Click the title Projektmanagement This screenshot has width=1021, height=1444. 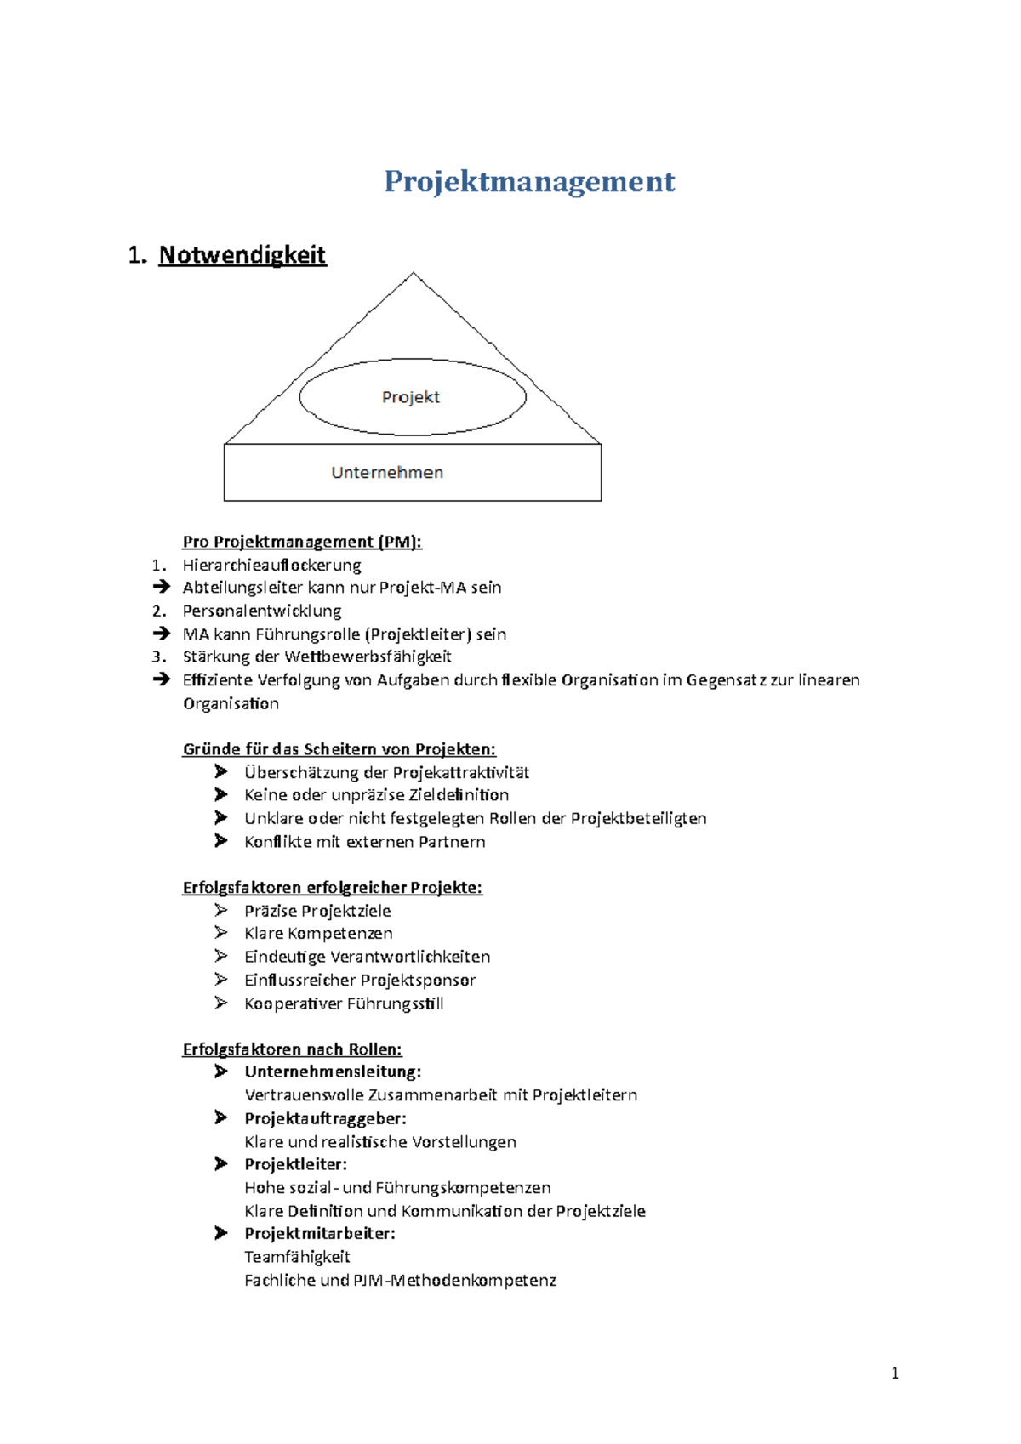click(529, 181)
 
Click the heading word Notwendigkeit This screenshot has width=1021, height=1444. click(242, 255)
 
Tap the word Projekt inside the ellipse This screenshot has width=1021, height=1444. click(411, 397)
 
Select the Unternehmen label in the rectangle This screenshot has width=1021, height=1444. click(387, 472)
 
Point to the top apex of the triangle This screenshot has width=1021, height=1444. click(414, 274)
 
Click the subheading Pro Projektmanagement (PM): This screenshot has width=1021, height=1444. click(302, 542)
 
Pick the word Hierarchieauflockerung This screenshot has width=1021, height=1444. click(271, 565)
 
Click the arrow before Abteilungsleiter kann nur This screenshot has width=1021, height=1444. click(162, 587)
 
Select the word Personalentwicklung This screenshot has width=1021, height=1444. click(262, 611)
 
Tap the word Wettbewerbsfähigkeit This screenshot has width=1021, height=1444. click(368, 657)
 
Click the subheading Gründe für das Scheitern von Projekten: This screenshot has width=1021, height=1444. click(339, 749)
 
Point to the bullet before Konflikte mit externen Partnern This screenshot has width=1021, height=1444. click(221, 841)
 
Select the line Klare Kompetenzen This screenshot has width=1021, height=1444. click(318, 934)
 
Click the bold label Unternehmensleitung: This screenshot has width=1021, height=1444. click(333, 1072)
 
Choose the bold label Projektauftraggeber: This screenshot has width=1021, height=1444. click(325, 1118)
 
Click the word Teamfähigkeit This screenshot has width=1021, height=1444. click(297, 1257)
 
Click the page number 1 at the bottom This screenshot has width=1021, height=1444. click(894, 1373)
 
